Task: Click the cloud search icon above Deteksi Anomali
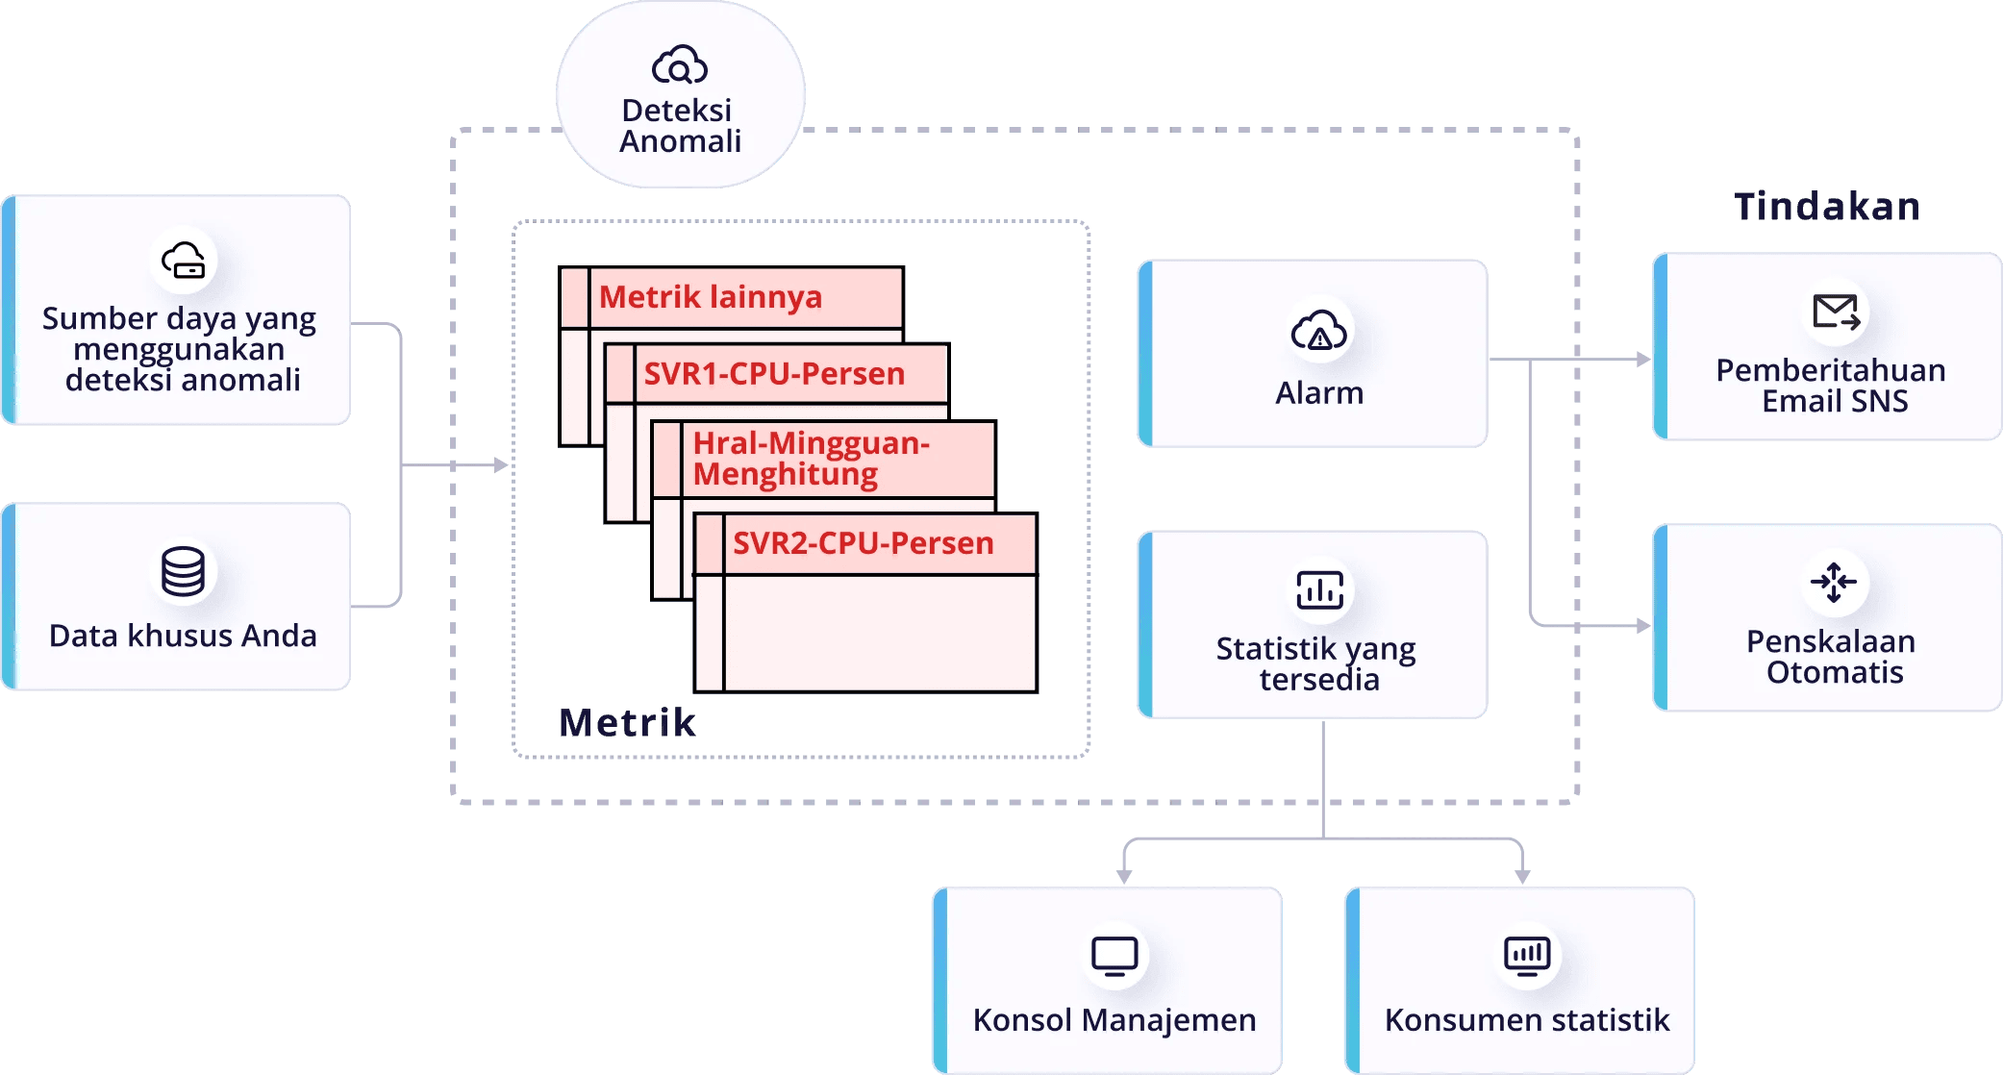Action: [x=679, y=65]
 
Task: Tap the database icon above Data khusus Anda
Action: [x=183, y=571]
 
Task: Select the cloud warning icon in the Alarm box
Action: [x=1318, y=330]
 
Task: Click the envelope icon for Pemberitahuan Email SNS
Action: [x=1835, y=312]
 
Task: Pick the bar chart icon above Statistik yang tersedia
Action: [x=1319, y=589]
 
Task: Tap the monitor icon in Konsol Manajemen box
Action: [x=1114, y=957]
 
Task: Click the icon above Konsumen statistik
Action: [x=1527, y=957]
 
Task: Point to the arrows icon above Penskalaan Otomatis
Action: [x=1834, y=582]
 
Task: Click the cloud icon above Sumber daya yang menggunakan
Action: [x=183, y=260]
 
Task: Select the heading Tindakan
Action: [x=1827, y=207]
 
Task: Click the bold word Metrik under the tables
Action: [x=627, y=722]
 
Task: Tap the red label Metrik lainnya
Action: [x=711, y=297]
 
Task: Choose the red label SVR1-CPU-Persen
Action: [x=774, y=373]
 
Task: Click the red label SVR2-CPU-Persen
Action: [x=863, y=543]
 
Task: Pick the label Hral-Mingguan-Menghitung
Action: [x=812, y=459]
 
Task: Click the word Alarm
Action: [x=1319, y=393]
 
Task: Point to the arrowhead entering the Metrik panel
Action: [x=501, y=465]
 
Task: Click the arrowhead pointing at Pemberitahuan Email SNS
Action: [x=1643, y=360]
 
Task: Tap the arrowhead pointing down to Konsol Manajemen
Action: [x=1124, y=876]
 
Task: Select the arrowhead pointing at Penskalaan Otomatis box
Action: [x=1643, y=626]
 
